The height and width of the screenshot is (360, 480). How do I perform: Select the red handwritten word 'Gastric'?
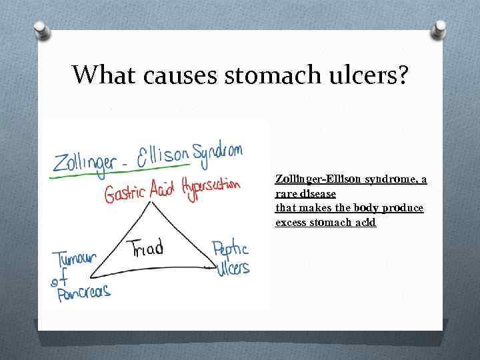pos(125,194)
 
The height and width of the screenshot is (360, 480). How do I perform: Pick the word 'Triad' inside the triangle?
pos(147,249)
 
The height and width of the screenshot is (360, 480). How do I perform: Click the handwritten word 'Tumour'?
pos(75,259)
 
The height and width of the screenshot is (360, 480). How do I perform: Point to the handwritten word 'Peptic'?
pos(230,251)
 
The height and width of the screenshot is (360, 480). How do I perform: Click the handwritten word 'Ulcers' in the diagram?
pos(233,267)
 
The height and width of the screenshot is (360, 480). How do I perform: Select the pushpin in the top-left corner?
pos(41,30)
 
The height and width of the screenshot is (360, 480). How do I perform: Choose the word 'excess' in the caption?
pos(291,222)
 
